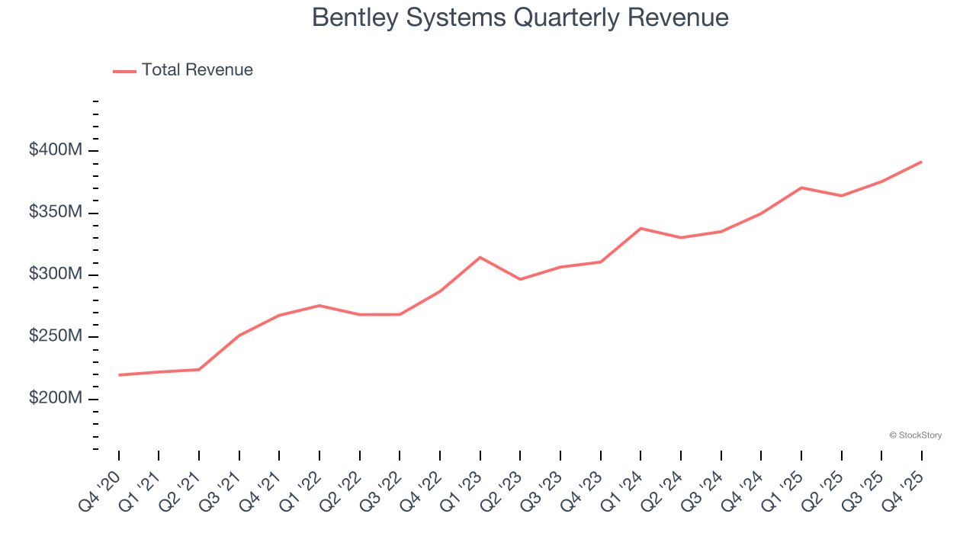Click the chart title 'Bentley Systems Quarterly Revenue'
(520, 18)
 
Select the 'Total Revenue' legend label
(197, 70)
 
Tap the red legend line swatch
(124, 71)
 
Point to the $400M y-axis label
(55, 150)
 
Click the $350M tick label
(55, 212)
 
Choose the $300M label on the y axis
(55, 274)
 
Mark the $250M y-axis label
(55, 337)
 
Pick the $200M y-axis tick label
(55, 399)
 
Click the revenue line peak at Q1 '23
(480, 257)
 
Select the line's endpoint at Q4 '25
(921, 162)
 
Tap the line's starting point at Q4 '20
(120, 374)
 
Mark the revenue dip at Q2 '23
(520, 279)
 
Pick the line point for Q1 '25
(801, 188)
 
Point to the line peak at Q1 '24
(640, 228)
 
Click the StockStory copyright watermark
(915, 435)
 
